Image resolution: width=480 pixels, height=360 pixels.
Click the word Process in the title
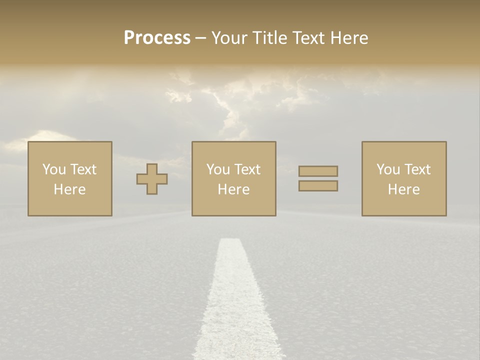coord(157,38)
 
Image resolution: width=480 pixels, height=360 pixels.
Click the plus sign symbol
coord(152,178)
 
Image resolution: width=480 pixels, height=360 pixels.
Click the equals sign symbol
coord(318,178)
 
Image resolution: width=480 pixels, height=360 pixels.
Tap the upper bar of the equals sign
coord(318,171)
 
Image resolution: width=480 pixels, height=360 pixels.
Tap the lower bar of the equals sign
coord(318,186)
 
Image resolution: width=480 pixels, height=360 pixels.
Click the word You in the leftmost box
coord(54,169)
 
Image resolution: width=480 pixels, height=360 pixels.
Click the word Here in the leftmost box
coord(70,189)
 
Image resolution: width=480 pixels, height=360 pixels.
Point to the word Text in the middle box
coord(247,169)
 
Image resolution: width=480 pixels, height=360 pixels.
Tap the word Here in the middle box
coord(234,189)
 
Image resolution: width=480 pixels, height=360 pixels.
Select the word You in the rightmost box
coord(388,169)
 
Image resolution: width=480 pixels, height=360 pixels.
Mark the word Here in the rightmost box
coord(404,189)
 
